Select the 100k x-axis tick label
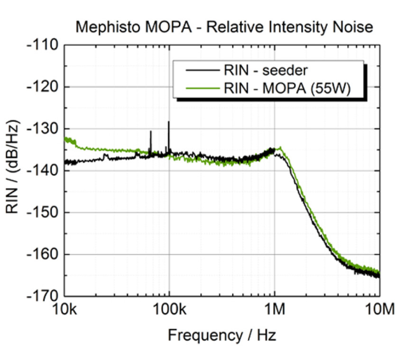point(169,311)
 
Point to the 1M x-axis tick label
point(274,311)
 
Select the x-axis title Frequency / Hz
point(221,335)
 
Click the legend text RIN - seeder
point(266,71)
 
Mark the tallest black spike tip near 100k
point(169,122)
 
